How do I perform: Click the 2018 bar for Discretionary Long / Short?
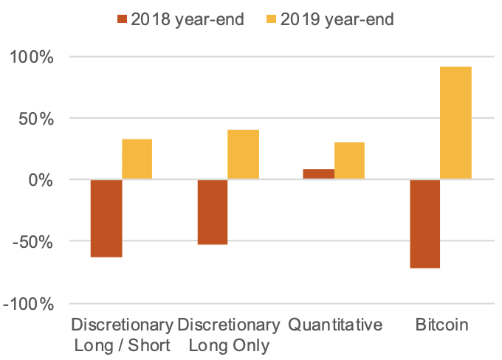tap(106, 218)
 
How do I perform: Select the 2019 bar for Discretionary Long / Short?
tap(137, 159)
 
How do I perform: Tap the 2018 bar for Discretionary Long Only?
tap(212, 212)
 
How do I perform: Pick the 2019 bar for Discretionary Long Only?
tap(243, 154)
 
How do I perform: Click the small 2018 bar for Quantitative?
tap(318, 174)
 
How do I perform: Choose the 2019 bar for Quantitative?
tap(349, 160)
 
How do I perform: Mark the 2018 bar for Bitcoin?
tap(424, 224)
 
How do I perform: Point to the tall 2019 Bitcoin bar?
tap(455, 122)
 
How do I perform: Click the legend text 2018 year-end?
tap(188, 19)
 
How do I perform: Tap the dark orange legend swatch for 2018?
tap(120, 19)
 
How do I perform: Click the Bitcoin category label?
tap(441, 325)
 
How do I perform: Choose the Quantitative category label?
tap(335, 325)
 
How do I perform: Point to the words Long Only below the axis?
tap(229, 345)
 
